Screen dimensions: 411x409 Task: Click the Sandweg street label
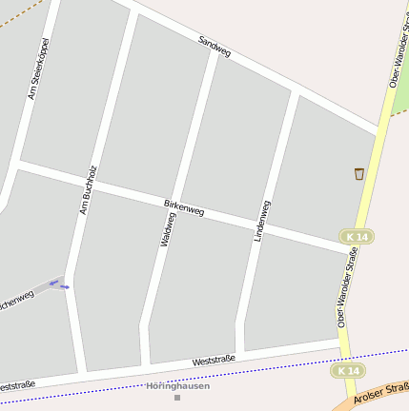[215, 46]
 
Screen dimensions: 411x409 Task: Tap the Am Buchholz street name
[89, 189]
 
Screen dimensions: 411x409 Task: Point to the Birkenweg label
[184, 206]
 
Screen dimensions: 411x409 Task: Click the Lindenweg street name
[262, 220]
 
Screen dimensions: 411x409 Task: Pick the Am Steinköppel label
[38, 68]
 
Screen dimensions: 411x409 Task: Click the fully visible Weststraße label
[214, 360]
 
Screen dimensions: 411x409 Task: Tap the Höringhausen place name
[177, 385]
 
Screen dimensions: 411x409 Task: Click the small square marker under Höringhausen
[176, 397]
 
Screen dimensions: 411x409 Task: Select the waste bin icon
[358, 173]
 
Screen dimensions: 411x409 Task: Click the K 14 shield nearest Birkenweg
[357, 236]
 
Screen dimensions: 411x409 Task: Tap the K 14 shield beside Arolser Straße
[348, 370]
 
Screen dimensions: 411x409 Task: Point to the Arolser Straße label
[381, 392]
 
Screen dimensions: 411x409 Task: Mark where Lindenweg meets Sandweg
[296, 93]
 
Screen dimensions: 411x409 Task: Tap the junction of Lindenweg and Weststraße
[239, 354]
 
